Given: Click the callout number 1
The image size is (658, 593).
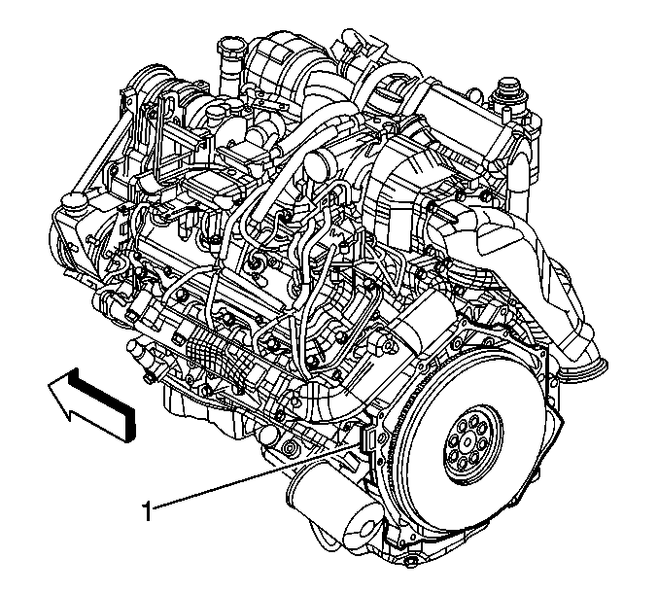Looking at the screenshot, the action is coord(147,511).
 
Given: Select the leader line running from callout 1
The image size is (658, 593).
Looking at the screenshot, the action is coord(257,477).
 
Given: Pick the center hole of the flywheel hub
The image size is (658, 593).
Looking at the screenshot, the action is coord(468,441).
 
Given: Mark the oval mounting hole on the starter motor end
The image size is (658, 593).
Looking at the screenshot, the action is coord(364,529).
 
